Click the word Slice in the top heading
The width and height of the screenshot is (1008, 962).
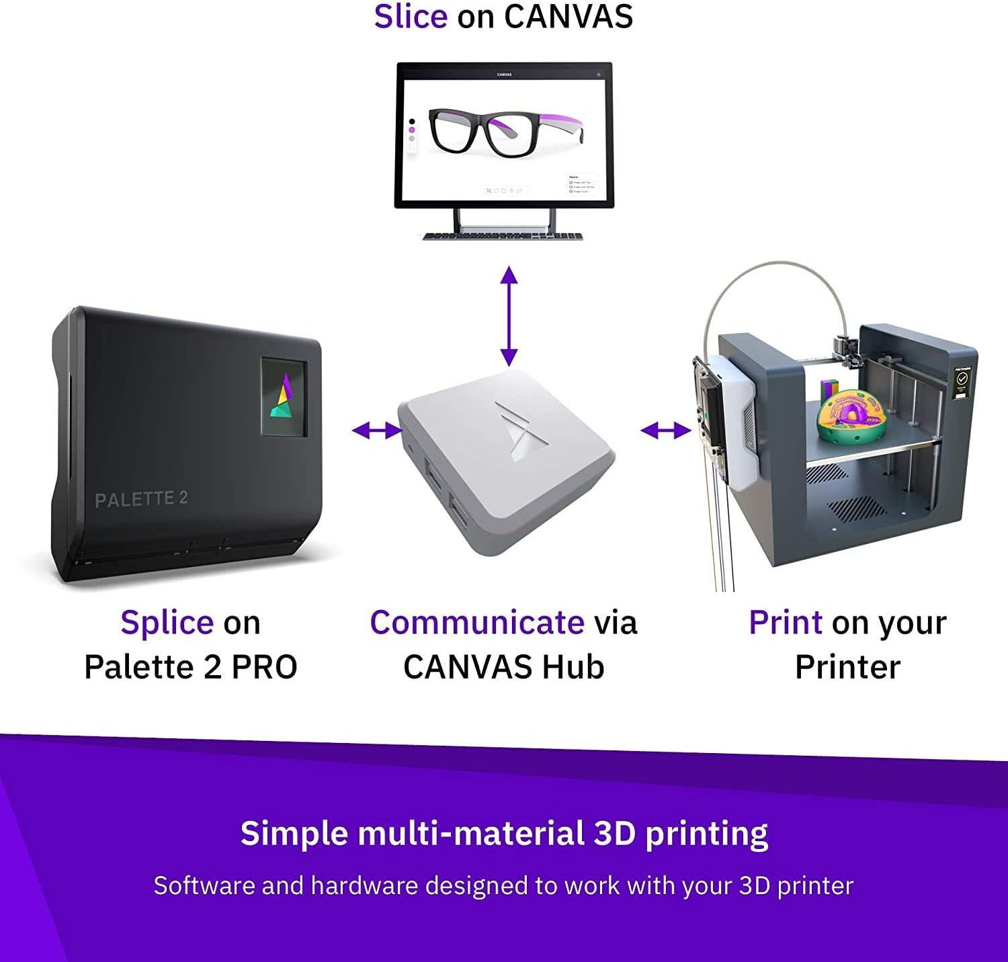click(x=411, y=17)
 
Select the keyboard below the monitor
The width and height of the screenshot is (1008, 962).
click(x=503, y=236)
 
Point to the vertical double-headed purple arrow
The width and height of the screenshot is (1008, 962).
click(x=509, y=316)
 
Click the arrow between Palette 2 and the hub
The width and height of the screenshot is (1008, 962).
click(x=377, y=431)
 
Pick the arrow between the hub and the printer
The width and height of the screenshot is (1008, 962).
click(x=665, y=431)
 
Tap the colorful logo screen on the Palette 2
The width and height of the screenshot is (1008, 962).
click(x=284, y=397)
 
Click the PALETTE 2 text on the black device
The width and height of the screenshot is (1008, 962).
click(x=141, y=499)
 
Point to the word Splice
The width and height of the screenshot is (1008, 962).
click(x=167, y=623)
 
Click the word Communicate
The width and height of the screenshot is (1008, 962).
click(x=477, y=623)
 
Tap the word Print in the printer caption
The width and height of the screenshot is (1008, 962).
click(x=785, y=623)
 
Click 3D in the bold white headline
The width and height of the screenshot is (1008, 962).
click(x=614, y=834)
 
